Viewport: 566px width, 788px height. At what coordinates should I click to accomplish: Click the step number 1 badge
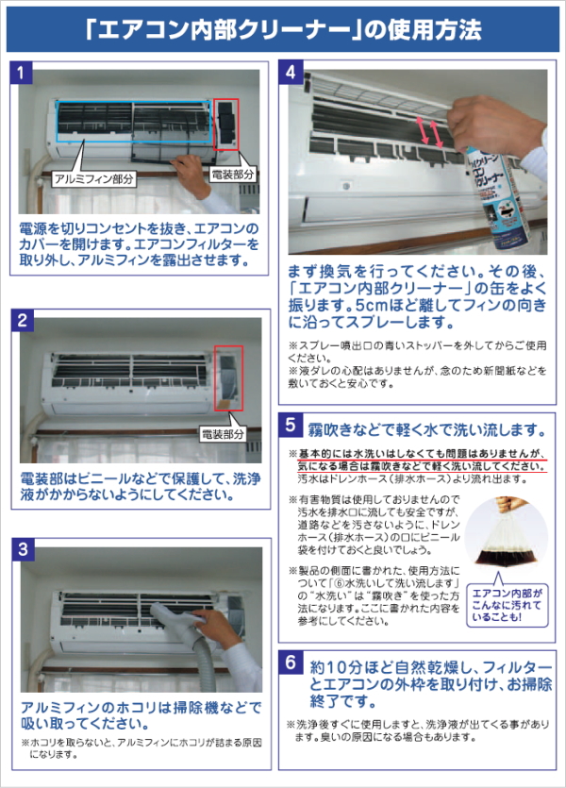pos(21,73)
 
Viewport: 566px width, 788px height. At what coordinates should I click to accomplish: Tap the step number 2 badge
pos(23,320)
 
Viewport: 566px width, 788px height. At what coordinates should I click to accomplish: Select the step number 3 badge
pos(23,549)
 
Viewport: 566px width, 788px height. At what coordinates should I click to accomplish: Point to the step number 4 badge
pos(291,73)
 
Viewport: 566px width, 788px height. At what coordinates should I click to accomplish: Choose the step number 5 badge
pos(291,424)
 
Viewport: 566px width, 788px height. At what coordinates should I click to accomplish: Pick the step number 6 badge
pos(291,662)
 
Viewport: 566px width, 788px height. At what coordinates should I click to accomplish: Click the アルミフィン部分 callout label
pos(94,179)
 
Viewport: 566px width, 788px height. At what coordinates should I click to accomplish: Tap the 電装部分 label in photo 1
pos(232,175)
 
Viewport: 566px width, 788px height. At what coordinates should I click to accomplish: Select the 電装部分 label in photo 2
pos(223,434)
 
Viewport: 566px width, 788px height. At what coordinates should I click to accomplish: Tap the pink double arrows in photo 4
pos(429,132)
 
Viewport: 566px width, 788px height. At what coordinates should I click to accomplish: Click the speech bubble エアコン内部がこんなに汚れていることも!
pos(508,605)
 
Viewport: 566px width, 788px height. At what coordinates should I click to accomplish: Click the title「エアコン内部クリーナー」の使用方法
pos(283,29)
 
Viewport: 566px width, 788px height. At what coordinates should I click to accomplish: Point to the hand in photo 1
pos(192,173)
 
